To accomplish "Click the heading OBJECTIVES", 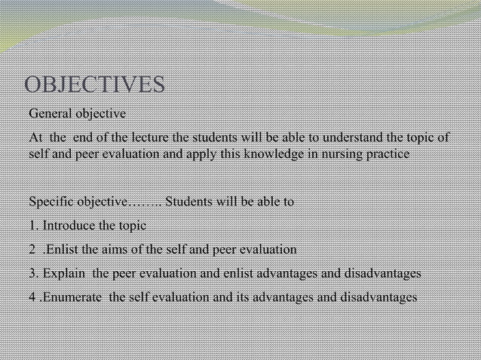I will point(95,84).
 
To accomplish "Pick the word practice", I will point(386,154).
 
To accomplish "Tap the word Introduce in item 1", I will point(69,225).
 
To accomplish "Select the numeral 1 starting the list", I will point(32,225).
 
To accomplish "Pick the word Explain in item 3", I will point(65,273).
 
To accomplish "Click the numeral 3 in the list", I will point(32,273).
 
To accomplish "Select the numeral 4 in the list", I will point(32,296).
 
